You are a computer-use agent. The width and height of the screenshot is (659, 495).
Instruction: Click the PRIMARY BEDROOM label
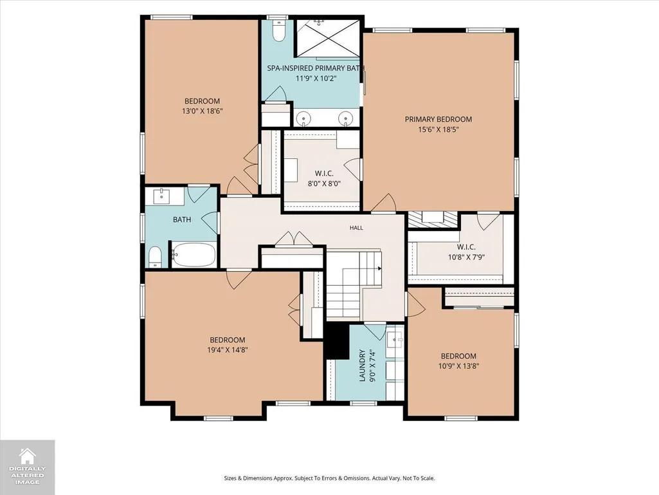point(438,120)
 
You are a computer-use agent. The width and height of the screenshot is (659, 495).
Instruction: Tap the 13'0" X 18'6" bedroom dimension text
point(202,111)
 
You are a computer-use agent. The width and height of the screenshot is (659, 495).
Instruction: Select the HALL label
point(356,228)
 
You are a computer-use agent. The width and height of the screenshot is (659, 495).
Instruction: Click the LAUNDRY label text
point(362,366)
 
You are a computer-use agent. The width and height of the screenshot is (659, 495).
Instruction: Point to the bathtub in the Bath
point(194,255)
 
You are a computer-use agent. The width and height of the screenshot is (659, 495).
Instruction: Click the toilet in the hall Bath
point(155,257)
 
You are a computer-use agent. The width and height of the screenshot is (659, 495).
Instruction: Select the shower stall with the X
point(328,37)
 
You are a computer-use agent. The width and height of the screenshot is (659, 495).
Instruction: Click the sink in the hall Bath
point(162,196)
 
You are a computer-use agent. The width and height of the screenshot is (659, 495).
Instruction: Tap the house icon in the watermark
point(27,456)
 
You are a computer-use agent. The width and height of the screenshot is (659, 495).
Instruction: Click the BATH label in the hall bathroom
point(182,219)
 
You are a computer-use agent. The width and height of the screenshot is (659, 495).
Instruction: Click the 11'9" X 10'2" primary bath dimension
point(316,78)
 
